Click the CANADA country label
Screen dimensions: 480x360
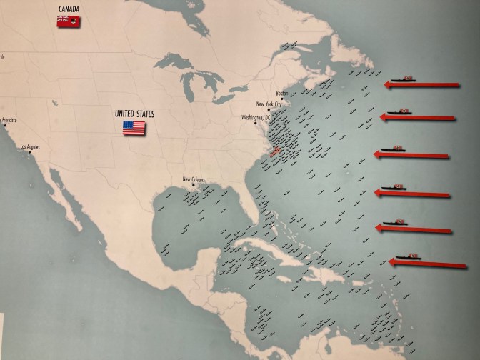(x=69, y=10)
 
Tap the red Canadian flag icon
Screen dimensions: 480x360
(x=69, y=22)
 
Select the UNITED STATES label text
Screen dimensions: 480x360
(x=134, y=113)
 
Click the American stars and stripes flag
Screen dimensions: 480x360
(x=134, y=128)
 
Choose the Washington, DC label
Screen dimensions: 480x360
(x=256, y=116)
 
